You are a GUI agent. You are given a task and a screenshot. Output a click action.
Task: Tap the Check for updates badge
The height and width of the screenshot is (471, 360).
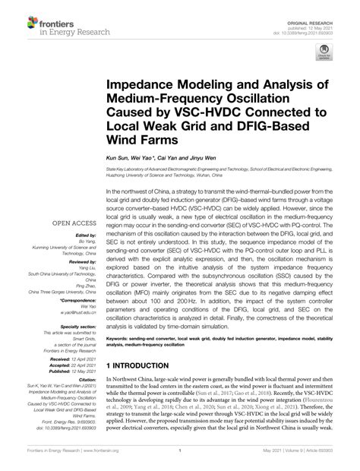(x=325, y=55)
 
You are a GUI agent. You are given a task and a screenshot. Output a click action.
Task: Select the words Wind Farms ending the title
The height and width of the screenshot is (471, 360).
(x=144, y=141)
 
